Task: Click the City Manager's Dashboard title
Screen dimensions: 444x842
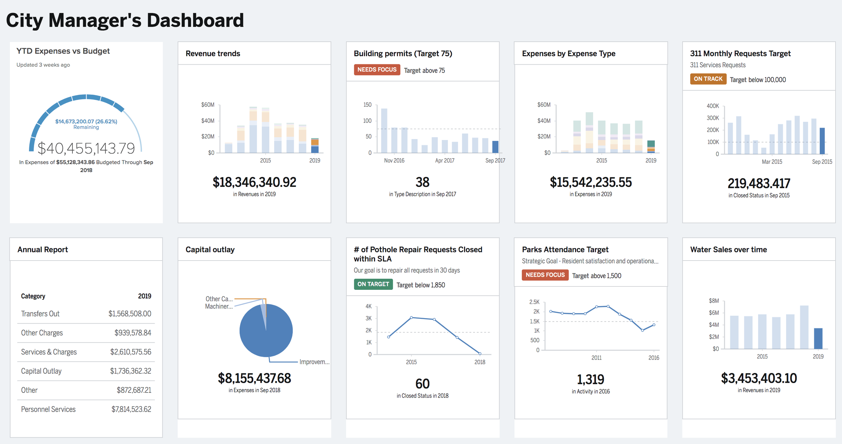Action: tap(125, 20)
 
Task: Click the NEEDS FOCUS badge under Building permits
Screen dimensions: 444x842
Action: tap(377, 70)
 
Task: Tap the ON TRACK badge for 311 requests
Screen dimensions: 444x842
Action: tap(708, 79)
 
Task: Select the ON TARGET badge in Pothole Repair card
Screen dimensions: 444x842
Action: tap(373, 284)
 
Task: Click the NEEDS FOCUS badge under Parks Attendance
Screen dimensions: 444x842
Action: tap(545, 275)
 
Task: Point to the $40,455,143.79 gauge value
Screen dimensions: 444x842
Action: tap(86, 148)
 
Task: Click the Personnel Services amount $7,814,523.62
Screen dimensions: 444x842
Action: tap(131, 409)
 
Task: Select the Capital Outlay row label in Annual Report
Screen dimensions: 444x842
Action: tap(41, 371)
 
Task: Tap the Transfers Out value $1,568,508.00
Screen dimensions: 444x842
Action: tap(130, 314)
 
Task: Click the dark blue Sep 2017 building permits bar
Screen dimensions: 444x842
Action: tap(495, 147)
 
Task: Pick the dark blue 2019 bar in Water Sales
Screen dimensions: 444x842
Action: tap(818, 338)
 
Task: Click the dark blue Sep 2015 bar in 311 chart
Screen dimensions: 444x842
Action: tap(822, 141)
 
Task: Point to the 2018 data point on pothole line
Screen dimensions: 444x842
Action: tap(480, 353)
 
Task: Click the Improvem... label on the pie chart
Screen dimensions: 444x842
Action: tap(314, 362)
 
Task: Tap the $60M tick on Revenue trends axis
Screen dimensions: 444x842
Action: tap(207, 105)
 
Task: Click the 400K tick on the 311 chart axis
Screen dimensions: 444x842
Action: tap(713, 106)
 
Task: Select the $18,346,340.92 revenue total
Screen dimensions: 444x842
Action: tap(254, 182)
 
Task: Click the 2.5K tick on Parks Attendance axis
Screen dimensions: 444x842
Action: tap(534, 302)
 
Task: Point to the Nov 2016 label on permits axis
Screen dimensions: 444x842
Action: tap(394, 161)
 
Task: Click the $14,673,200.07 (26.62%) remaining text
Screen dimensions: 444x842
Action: tap(86, 121)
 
